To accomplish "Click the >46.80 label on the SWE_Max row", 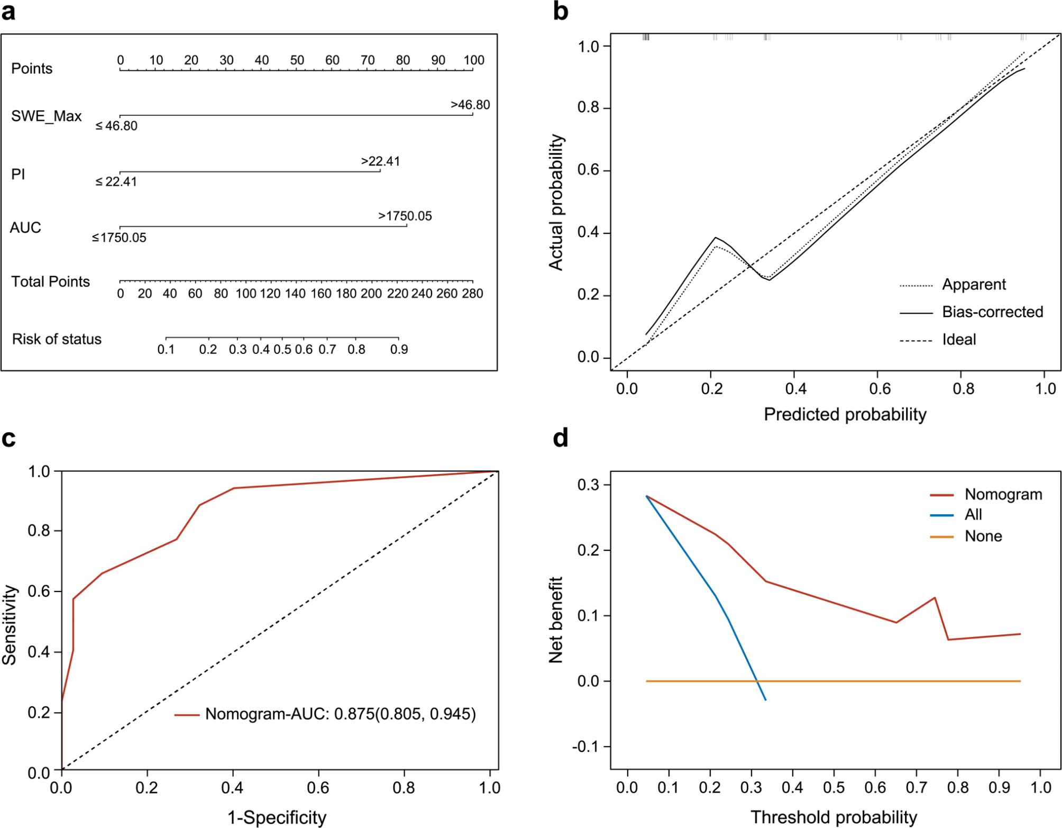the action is click(470, 105).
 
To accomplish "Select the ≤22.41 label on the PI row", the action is click(116, 182).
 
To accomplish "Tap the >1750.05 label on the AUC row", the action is click(405, 216).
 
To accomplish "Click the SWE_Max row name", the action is click(46, 116).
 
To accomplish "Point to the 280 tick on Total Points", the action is click(472, 293).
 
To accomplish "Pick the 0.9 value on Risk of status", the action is click(399, 349).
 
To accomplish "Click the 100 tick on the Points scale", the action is click(473, 60).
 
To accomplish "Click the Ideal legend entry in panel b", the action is click(958, 339).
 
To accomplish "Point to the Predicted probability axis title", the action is click(845, 414).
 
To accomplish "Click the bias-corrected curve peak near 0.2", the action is click(715, 238).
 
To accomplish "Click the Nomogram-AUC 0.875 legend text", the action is click(340, 714).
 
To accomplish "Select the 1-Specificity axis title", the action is click(277, 817).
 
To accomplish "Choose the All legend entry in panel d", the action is click(973, 515).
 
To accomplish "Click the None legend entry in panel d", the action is click(983, 536).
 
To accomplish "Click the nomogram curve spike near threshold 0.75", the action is click(935, 598).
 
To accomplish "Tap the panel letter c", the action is click(8, 439).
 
